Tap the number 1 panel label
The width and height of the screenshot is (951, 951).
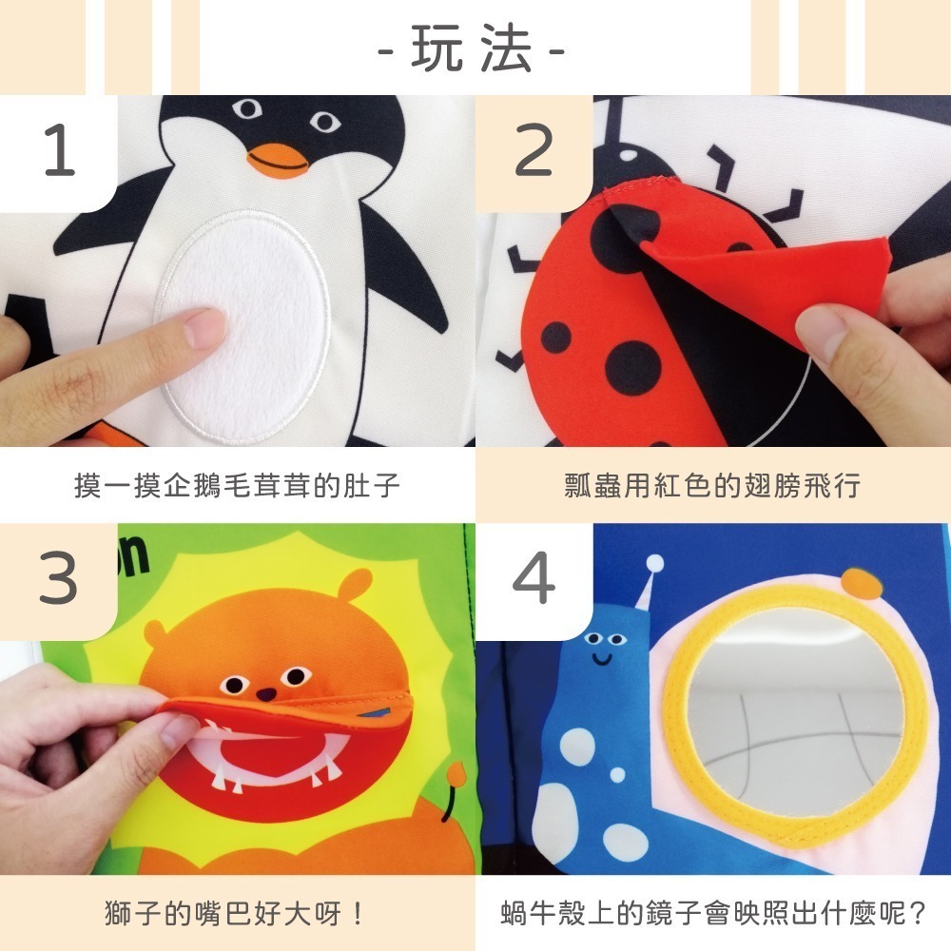(x=59, y=152)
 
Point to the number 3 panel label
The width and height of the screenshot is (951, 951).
(x=59, y=580)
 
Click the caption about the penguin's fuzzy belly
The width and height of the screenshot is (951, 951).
(x=237, y=486)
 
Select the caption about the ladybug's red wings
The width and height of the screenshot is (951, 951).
(x=712, y=486)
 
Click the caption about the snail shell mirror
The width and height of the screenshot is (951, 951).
(x=712, y=915)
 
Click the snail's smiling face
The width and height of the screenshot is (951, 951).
(x=601, y=647)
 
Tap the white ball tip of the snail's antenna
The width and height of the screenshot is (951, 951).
(x=654, y=564)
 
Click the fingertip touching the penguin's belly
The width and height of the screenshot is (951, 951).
(x=204, y=328)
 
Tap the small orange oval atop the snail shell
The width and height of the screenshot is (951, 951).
(x=862, y=581)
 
